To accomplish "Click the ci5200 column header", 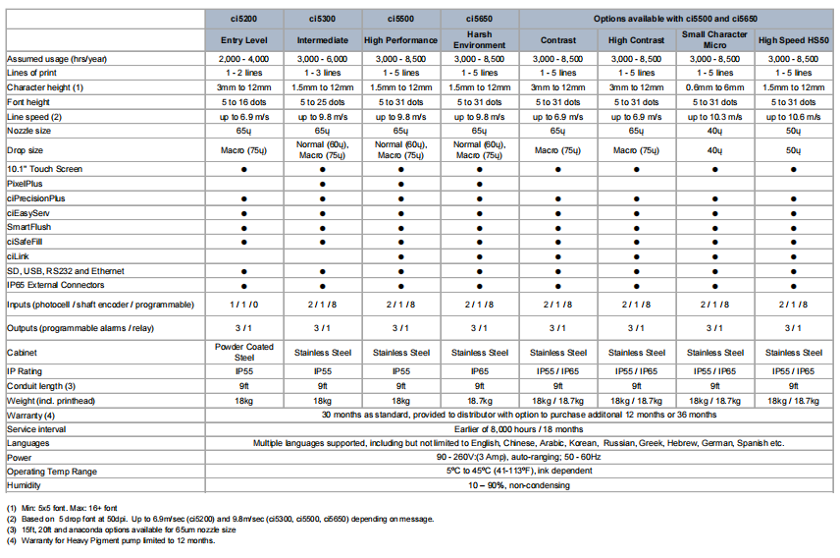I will [243, 19].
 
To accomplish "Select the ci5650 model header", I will [479, 19].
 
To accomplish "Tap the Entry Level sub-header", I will [243, 39].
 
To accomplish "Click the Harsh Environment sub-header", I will [479, 39].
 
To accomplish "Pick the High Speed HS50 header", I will [793, 39].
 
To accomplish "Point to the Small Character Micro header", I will [714, 39].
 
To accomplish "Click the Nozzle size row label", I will [29, 130].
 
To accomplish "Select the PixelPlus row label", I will [26, 183].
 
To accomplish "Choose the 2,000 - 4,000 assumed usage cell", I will [243, 60].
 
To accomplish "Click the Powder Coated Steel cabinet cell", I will [243, 352].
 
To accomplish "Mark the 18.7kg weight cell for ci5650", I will [479, 401].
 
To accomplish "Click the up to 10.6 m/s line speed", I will [793, 116].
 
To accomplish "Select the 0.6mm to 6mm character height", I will [714, 88].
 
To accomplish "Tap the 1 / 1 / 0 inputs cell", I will [243, 305].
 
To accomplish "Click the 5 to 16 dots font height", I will [243, 102].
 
